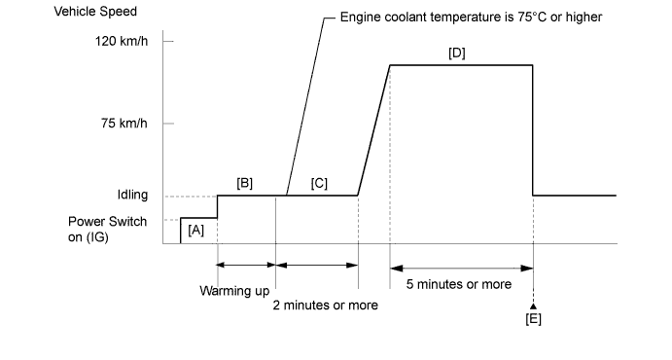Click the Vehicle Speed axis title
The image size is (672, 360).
[x=95, y=11]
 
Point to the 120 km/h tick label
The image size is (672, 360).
[x=122, y=41]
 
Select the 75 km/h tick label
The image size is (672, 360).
[x=124, y=124]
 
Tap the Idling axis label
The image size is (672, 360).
[x=133, y=195]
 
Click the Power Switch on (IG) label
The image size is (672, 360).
[x=107, y=230]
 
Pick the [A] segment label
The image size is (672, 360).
[x=195, y=231]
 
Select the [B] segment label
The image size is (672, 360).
[x=245, y=184]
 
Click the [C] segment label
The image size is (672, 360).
[x=319, y=184]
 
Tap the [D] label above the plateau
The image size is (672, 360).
[x=457, y=54]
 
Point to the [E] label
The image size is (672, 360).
[x=534, y=319]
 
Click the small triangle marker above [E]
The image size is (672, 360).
[x=533, y=306]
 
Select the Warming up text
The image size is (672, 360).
[x=234, y=291]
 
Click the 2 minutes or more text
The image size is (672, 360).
[x=325, y=306]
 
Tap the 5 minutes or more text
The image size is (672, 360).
[x=459, y=284]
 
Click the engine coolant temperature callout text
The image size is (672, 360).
[x=471, y=18]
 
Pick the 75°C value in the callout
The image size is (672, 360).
[x=528, y=18]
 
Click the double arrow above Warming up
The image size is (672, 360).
[x=246, y=265]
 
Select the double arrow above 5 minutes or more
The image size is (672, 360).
[x=462, y=269]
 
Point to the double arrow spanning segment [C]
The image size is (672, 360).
[x=317, y=265]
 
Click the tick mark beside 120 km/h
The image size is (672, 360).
[x=168, y=41]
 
